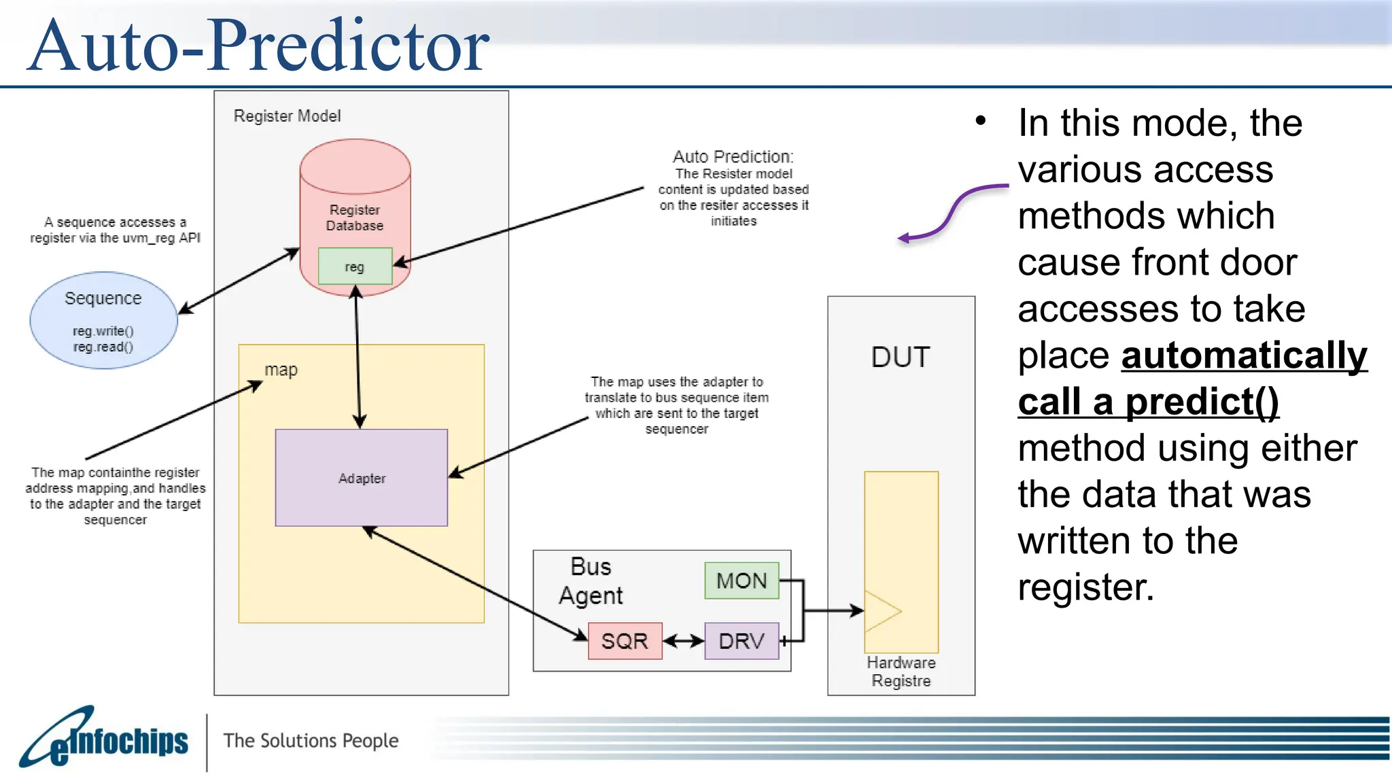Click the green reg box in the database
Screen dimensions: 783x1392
point(355,266)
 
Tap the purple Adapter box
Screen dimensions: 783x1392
point(361,477)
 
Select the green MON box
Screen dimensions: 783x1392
point(741,580)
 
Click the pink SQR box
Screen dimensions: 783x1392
point(625,640)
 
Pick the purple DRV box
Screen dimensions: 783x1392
point(741,640)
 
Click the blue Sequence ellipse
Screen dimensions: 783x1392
point(103,320)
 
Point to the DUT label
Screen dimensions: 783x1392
point(901,357)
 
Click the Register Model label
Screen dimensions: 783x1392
point(287,116)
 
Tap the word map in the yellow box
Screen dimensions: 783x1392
point(281,370)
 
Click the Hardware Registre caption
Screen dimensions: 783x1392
point(901,672)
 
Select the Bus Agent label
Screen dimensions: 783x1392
point(590,581)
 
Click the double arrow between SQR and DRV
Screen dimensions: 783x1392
point(683,640)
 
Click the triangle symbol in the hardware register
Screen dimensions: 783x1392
point(880,610)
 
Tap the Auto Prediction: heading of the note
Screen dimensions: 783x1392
point(733,157)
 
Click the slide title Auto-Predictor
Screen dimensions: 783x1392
point(258,46)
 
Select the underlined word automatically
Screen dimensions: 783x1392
point(1243,355)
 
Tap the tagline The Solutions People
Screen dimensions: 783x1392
point(311,740)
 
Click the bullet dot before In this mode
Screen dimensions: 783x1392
point(980,122)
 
